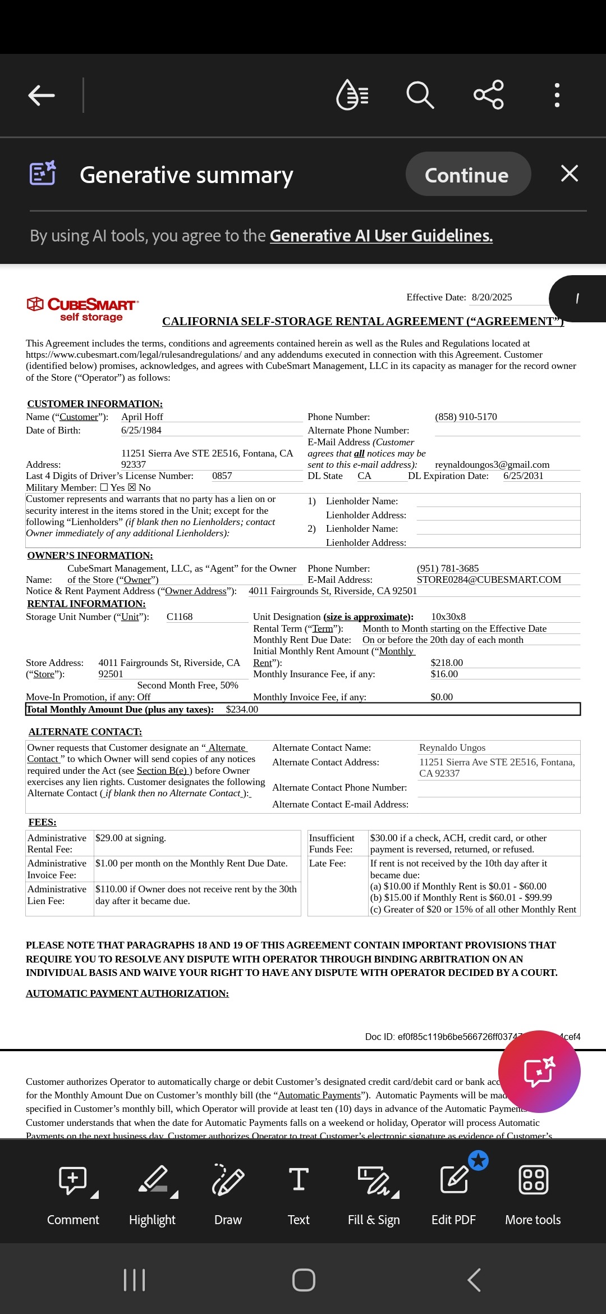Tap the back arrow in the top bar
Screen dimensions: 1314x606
[42, 95]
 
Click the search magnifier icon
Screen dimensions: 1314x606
[420, 95]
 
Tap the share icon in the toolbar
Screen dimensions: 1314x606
[489, 95]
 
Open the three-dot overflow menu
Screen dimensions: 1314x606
[557, 95]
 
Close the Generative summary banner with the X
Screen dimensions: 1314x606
[569, 174]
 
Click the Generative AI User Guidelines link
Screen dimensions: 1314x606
[381, 236]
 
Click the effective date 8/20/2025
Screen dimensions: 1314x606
[492, 298]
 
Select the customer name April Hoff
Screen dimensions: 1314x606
[142, 417]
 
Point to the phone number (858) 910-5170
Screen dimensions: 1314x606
[466, 417]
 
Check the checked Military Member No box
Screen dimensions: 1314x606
[132, 487]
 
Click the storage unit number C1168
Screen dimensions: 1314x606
[180, 617]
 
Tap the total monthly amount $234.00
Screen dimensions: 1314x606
[242, 709]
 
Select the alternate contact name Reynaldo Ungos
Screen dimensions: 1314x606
[452, 747]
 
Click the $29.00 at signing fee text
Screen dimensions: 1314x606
[131, 838]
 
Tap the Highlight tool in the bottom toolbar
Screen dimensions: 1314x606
[153, 1193]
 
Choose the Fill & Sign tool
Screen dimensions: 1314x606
[374, 1193]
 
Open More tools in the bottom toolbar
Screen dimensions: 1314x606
[533, 1193]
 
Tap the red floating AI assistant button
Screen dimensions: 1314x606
[539, 1071]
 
